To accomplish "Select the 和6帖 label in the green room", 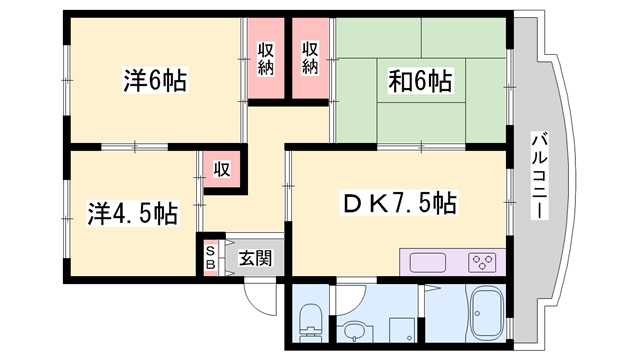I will (414, 80).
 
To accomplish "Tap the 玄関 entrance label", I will (255, 257).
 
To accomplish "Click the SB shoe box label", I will (211, 259).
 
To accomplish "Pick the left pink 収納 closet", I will (265, 59).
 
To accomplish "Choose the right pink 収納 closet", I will (311, 59).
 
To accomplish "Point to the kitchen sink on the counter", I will (427, 263).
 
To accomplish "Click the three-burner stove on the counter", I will (481, 263).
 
